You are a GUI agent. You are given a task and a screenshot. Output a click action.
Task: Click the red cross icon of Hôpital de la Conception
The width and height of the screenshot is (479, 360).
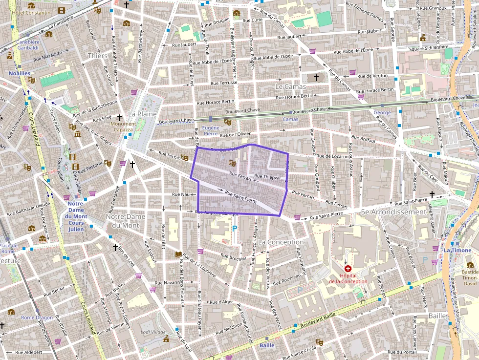coord(348,269)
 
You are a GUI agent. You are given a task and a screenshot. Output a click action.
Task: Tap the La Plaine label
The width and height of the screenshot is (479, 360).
coord(142,114)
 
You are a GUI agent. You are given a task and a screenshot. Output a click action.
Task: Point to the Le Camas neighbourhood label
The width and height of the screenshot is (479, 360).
coord(290,86)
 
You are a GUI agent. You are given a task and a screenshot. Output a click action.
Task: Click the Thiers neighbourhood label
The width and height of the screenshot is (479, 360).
coord(97,56)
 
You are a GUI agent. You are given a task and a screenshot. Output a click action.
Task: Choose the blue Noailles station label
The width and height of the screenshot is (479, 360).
coord(20,73)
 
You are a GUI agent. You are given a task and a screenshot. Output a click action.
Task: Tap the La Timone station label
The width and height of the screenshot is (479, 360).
coord(458,250)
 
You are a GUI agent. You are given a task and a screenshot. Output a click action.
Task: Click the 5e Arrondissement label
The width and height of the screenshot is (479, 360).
coord(393,212)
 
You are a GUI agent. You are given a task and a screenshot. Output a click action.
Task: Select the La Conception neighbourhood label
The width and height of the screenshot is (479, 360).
coord(281,242)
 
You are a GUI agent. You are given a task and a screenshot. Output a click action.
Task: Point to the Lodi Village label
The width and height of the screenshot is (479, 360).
coord(153,332)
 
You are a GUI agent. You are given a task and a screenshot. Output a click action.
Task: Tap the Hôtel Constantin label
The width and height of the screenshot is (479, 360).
coord(31,12)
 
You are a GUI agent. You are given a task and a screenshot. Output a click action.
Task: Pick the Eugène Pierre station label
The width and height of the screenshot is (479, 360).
coord(210,130)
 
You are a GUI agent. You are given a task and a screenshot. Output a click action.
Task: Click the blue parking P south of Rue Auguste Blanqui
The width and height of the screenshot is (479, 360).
coord(234,228)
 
